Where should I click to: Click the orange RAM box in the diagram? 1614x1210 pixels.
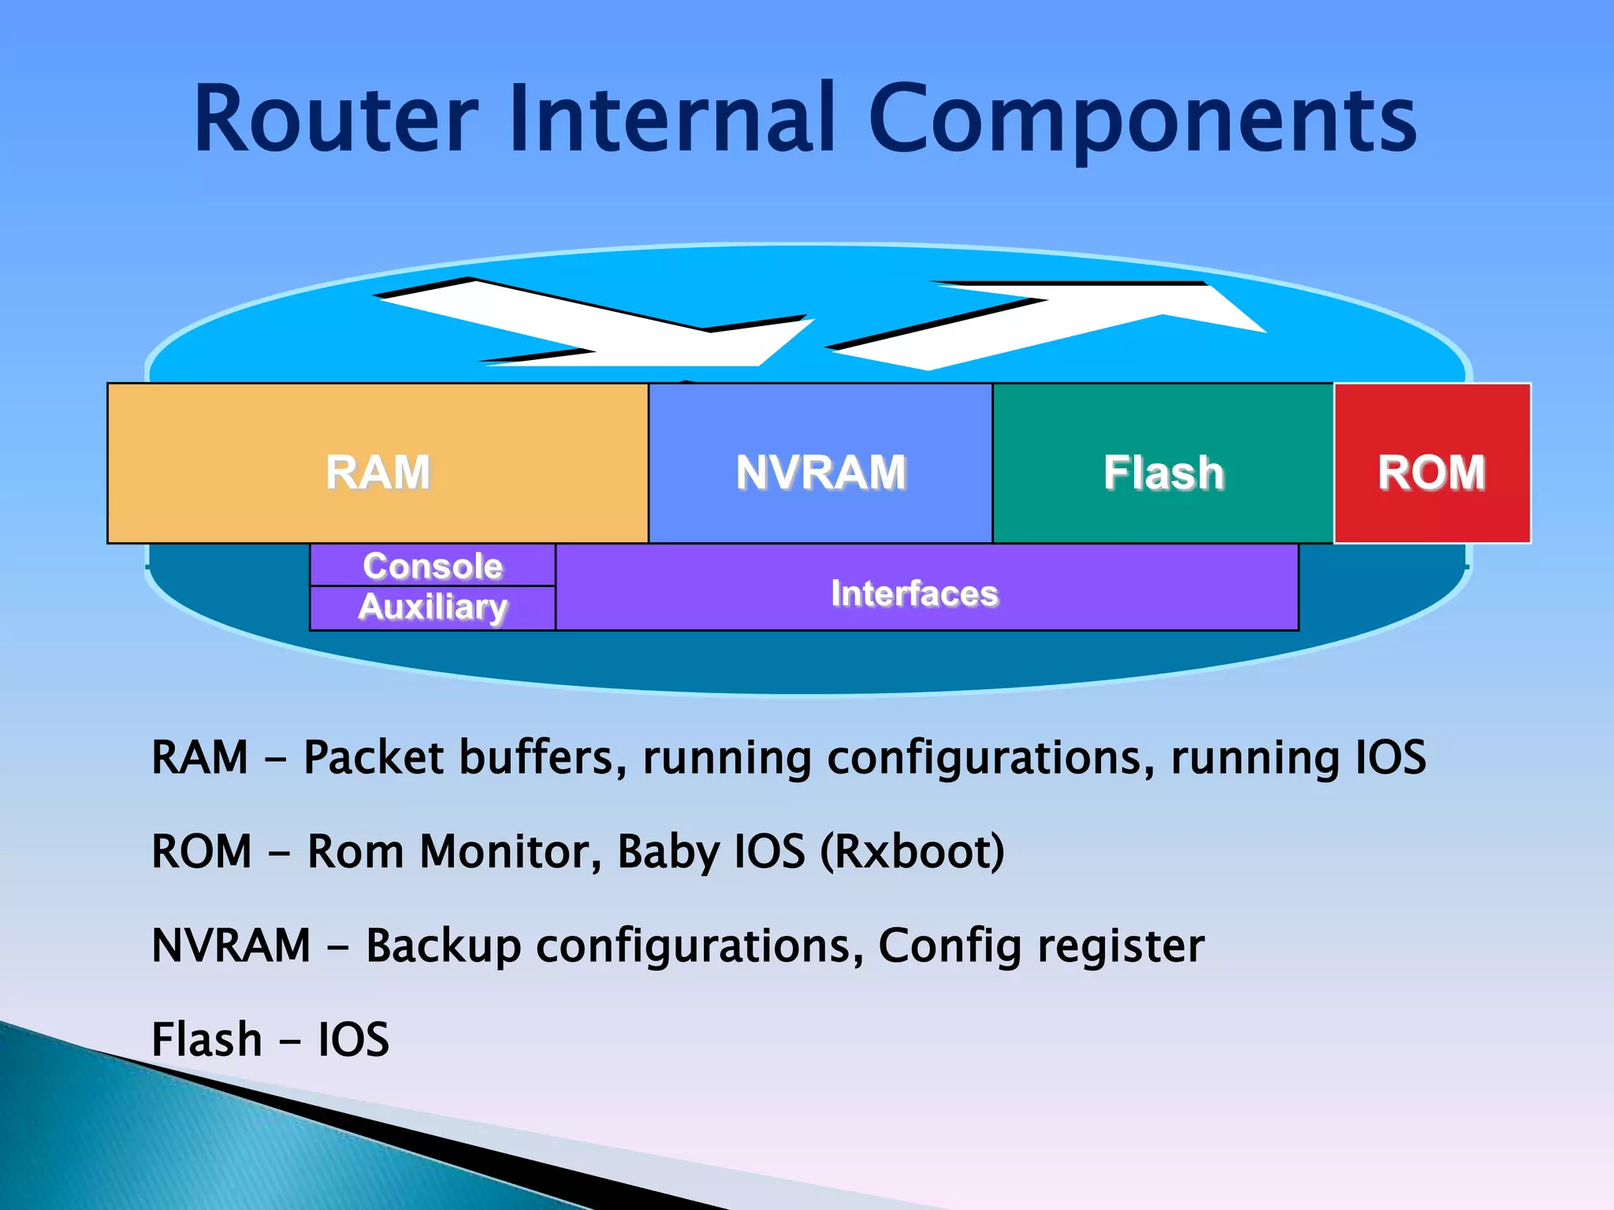click(x=377, y=463)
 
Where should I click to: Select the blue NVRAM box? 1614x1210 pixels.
click(x=820, y=463)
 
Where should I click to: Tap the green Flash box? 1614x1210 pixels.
click(x=1163, y=463)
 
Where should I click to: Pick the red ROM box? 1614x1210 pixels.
click(x=1432, y=463)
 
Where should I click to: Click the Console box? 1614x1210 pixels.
click(x=433, y=565)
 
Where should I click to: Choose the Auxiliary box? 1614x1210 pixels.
click(x=433, y=608)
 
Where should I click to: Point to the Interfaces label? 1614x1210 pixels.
click(x=914, y=593)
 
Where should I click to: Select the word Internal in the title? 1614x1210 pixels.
click(x=671, y=120)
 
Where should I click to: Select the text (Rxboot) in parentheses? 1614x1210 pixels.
click(x=913, y=852)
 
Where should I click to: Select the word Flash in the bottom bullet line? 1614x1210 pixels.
click(x=206, y=1040)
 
